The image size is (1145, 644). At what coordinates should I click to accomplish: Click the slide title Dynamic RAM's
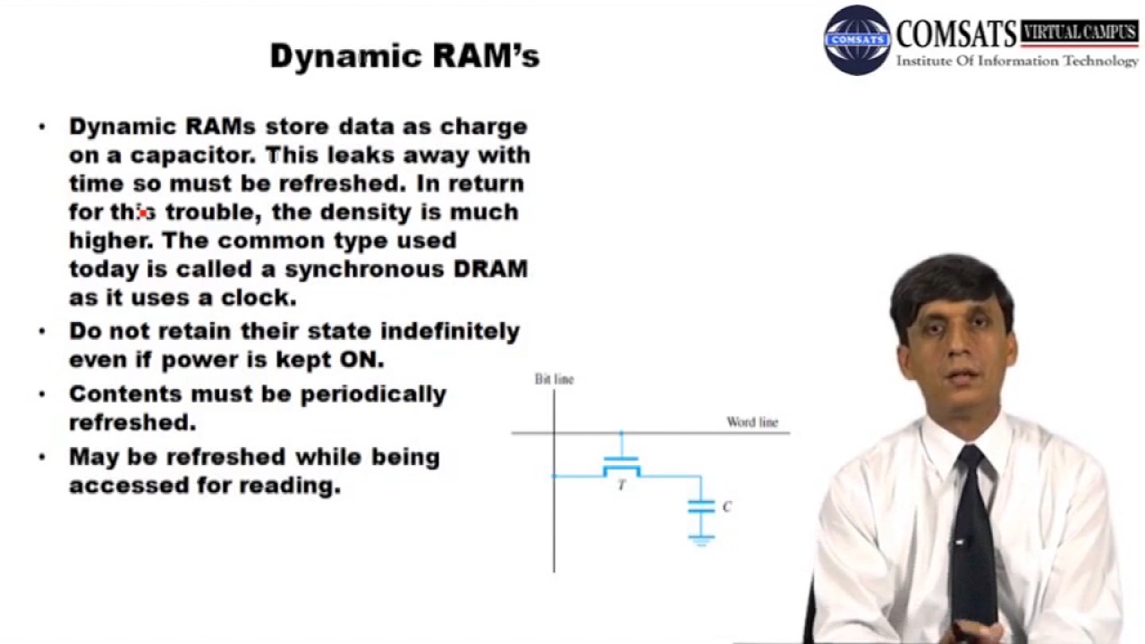pos(404,56)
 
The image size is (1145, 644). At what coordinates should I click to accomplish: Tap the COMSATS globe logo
pos(857,40)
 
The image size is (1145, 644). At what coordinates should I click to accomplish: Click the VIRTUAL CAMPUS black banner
pos(1080,33)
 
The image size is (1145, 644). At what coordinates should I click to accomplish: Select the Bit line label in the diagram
pos(554,379)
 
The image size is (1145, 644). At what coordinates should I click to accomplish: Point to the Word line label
pos(751,422)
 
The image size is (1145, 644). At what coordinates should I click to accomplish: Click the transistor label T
pos(622,486)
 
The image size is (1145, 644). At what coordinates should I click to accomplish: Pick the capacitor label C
pos(726,506)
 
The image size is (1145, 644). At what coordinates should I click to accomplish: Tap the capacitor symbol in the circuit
pos(700,506)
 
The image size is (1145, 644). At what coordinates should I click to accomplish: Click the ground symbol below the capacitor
pos(700,538)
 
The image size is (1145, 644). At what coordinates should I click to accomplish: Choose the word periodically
pos(373,394)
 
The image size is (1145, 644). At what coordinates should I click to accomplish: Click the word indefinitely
pos(450,331)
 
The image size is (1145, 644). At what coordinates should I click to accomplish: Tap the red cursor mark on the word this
pos(142,213)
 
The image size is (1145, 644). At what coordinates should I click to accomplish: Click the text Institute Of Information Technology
pos(1017,62)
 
